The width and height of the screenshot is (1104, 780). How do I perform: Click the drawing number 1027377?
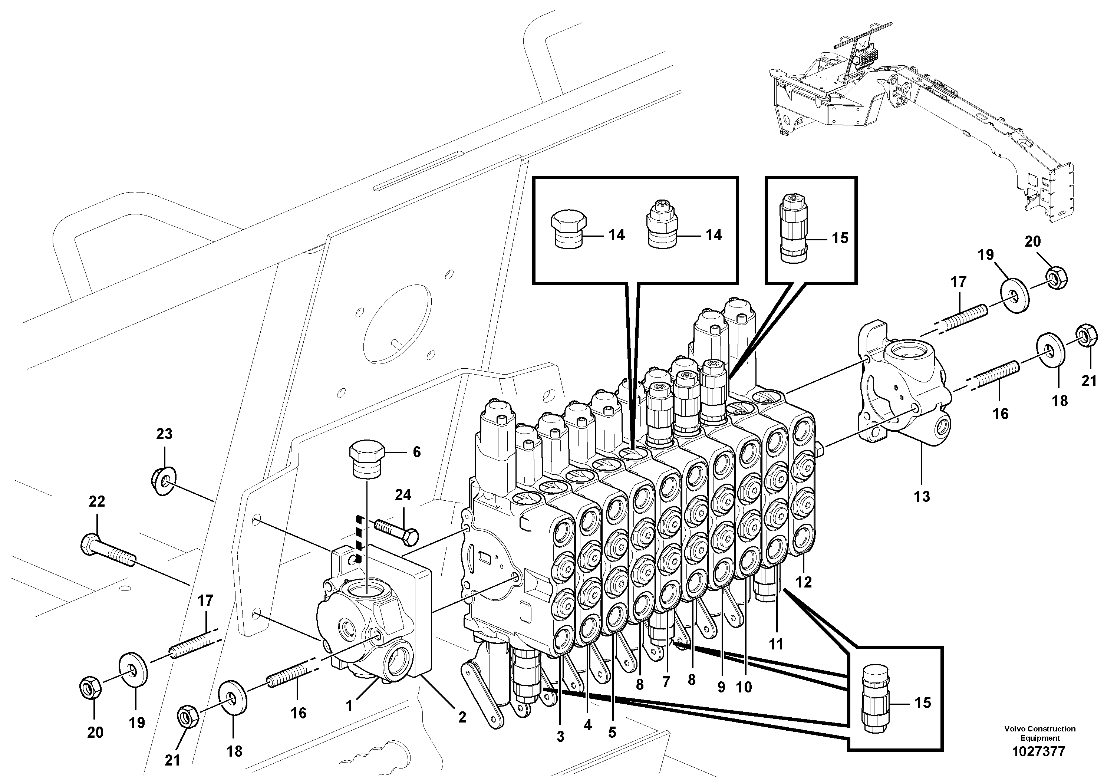pyautogui.click(x=1039, y=751)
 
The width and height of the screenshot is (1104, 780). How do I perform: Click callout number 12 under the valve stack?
pyautogui.click(x=804, y=582)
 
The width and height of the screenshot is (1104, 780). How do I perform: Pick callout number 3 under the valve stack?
pyautogui.click(x=560, y=736)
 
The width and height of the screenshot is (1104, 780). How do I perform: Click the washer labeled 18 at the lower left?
pyautogui.click(x=233, y=696)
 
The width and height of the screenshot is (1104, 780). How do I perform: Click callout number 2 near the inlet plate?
pyautogui.click(x=462, y=717)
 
